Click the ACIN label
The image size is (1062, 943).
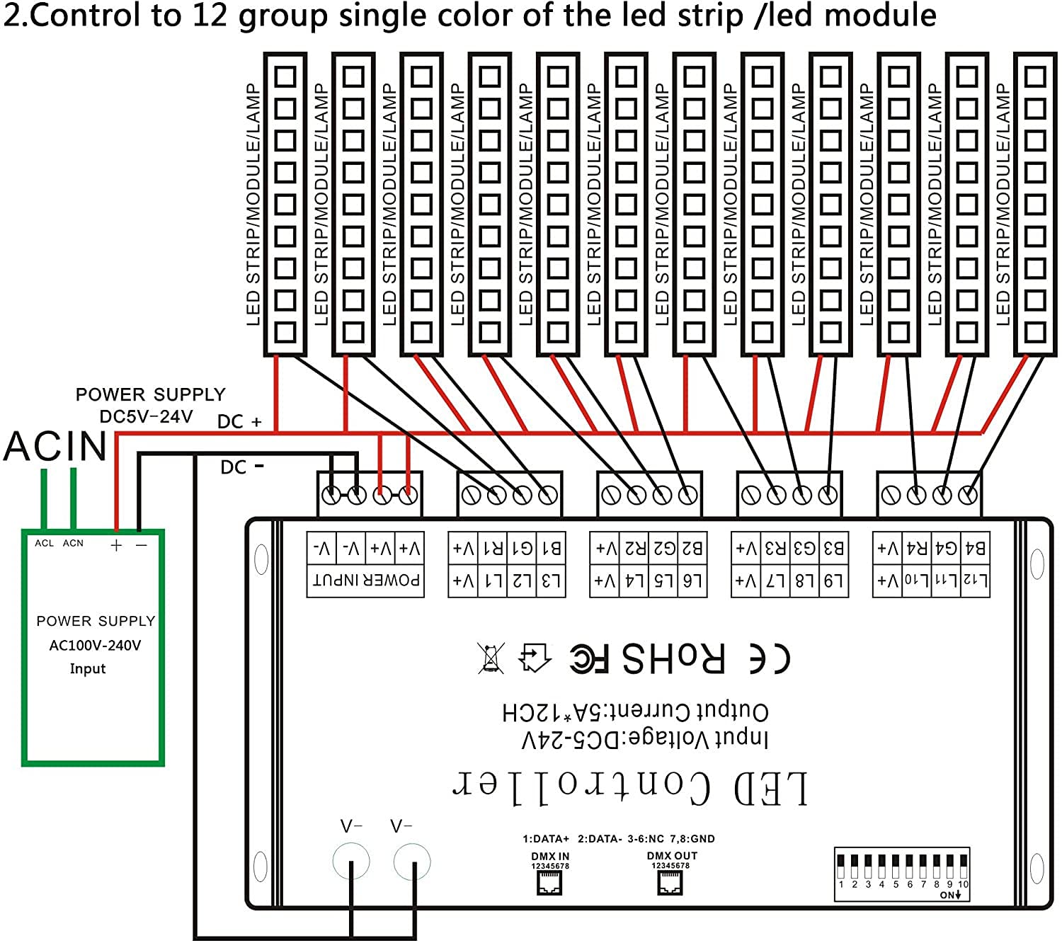coord(55,446)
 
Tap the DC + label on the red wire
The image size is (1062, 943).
coord(239,422)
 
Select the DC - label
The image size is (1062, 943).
coord(241,467)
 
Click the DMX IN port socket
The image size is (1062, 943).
coord(549,882)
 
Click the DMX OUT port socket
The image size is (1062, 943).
coord(670,881)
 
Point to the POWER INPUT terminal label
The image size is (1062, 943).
coord(366,581)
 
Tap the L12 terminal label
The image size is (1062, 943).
coord(975,581)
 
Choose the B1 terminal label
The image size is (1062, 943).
coord(551,548)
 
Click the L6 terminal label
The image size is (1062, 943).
coord(692,581)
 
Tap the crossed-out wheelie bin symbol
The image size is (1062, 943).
coord(491,658)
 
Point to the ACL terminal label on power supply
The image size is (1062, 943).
coord(44,543)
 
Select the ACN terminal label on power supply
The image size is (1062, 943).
coord(73,543)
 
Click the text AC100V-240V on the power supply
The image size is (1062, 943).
coord(95,645)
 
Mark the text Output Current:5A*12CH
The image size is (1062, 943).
coord(635,711)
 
